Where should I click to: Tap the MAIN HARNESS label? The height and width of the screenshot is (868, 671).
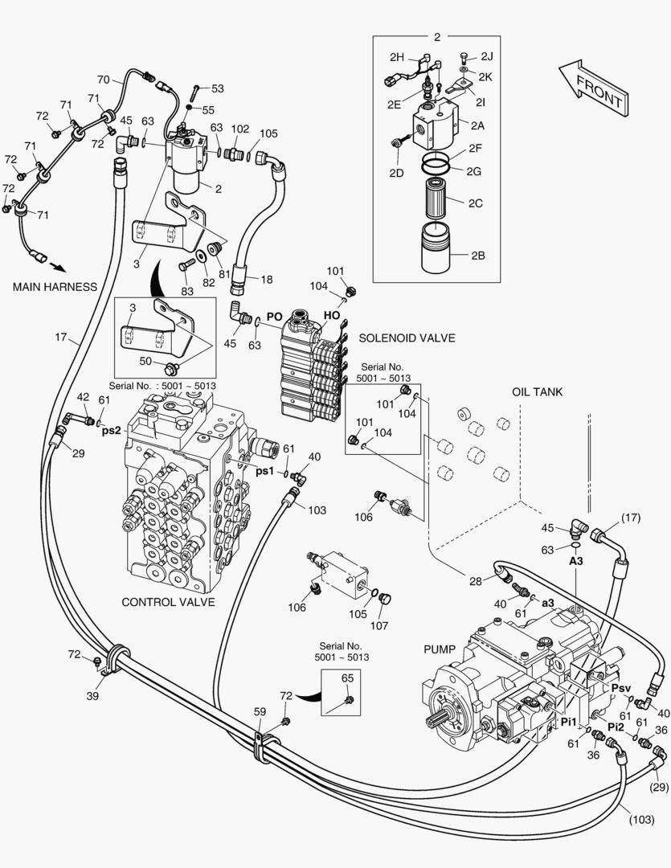[x=55, y=286]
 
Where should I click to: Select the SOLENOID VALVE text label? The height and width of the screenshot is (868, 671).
[x=407, y=338]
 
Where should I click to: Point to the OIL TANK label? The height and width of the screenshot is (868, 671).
[x=537, y=392]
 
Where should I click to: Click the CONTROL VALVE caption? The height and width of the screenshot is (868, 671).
[x=168, y=602]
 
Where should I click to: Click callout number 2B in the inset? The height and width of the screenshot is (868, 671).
[x=477, y=257]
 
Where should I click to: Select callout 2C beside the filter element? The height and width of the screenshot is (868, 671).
[x=476, y=203]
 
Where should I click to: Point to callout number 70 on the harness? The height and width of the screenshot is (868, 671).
[x=104, y=80]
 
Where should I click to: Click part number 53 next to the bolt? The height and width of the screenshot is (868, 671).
[x=217, y=88]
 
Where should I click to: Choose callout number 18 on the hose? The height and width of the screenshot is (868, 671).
[x=267, y=279]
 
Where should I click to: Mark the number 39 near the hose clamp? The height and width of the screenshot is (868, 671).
[x=93, y=696]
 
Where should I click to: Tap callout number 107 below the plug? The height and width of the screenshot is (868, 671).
[x=378, y=626]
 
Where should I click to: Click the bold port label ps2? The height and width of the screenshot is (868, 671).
[x=111, y=431]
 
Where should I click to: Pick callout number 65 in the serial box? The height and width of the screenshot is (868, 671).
[x=347, y=679]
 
